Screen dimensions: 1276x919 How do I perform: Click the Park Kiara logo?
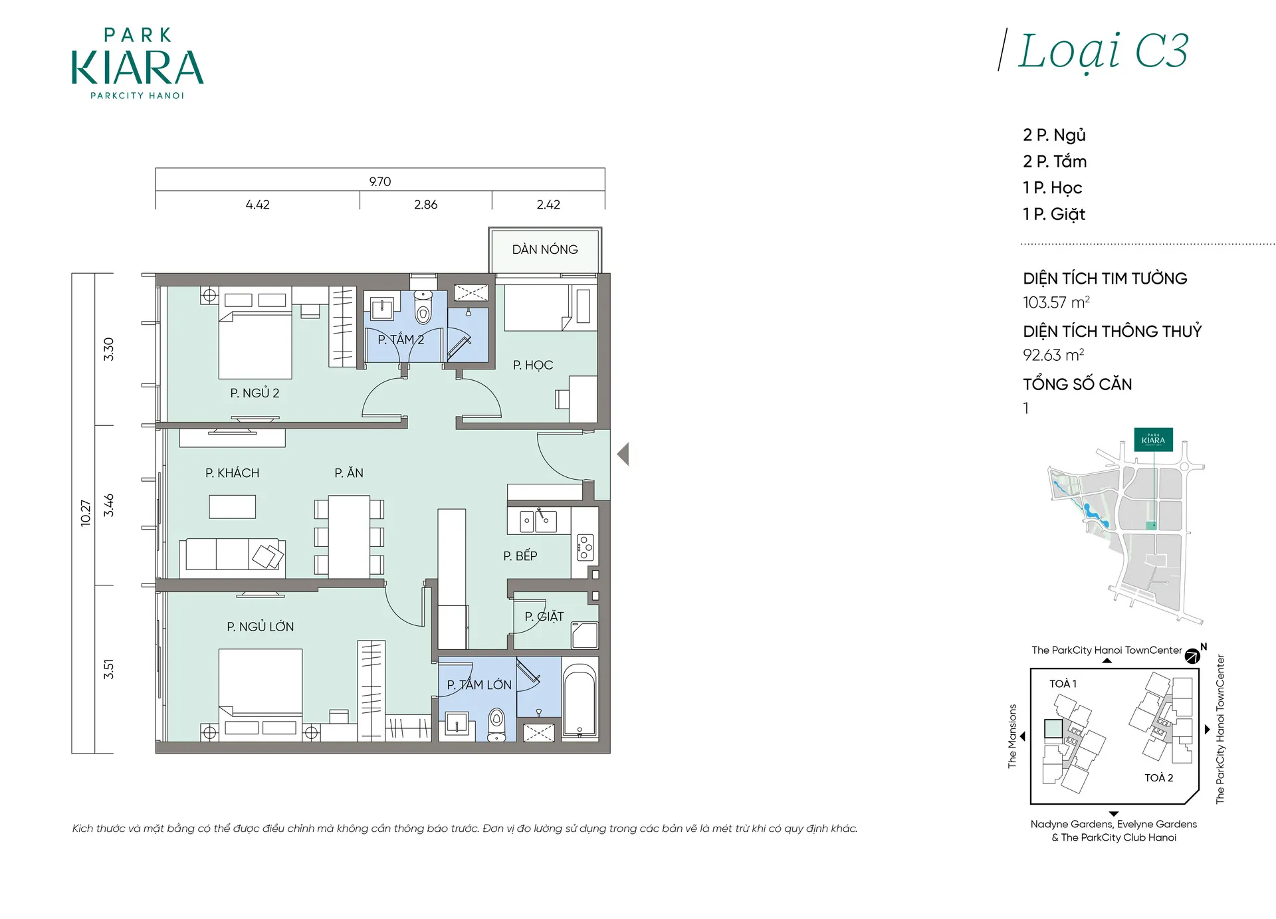138,64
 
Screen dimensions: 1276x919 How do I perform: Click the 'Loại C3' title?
1103,51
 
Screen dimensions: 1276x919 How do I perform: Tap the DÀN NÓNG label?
545,249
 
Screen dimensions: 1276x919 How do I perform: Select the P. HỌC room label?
533,365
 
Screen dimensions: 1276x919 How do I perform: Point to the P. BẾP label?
520,556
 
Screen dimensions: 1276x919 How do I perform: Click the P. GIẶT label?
544,616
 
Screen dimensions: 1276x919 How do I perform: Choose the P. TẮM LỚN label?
479,684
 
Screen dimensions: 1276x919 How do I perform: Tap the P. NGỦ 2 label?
255,393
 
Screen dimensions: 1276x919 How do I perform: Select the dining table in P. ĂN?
349,537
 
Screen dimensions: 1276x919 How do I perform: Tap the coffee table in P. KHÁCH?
233,506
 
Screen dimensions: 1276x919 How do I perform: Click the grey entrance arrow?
623,454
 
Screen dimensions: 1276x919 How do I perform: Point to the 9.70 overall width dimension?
380,181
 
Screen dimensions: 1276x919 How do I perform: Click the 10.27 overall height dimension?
85,513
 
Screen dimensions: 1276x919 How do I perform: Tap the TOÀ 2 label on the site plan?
1158,777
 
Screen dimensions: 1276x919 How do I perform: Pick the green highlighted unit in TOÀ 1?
1053,729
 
